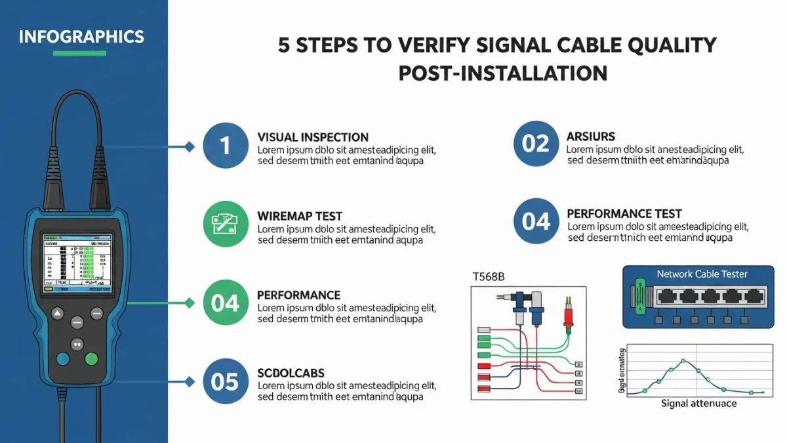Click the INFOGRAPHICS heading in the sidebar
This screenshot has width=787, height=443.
pyautogui.click(x=81, y=35)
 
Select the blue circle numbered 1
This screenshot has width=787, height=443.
pyautogui.click(x=225, y=145)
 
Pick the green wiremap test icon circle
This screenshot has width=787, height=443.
pyautogui.click(x=225, y=224)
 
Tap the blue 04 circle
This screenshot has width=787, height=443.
pyautogui.click(x=535, y=221)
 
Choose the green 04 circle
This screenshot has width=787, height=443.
pyautogui.click(x=225, y=303)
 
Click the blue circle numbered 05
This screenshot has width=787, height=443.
pyautogui.click(x=225, y=381)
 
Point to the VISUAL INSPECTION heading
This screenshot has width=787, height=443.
pyautogui.click(x=313, y=138)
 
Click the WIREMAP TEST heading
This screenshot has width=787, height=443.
pyautogui.click(x=300, y=216)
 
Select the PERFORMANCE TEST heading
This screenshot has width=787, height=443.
pyautogui.click(x=624, y=214)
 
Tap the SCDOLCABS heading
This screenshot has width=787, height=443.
pyautogui.click(x=291, y=373)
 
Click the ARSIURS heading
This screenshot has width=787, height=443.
pyautogui.click(x=590, y=137)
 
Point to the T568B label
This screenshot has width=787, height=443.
pyautogui.click(x=488, y=277)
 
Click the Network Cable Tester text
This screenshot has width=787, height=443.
pyautogui.click(x=702, y=274)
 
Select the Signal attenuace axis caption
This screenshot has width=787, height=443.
pyautogui.click(x=698, y=403)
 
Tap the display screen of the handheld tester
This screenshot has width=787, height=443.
pyautogui.click(x=77, y=262)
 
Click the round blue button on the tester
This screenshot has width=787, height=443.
pyautogui.click(x=63, y=358)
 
